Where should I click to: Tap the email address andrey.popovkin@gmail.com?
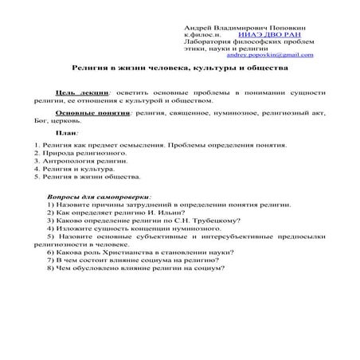[x=270, y=55]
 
